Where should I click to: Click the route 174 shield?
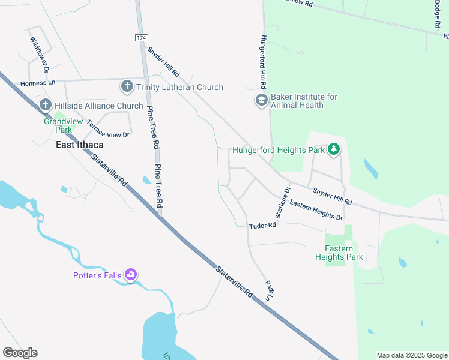(141, 37)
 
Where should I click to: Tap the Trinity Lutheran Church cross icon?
(127, 87)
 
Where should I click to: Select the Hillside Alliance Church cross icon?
(45, 106)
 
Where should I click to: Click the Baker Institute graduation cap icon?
(261, 100)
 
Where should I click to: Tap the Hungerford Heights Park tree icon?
(334, 149)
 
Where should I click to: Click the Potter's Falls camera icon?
(131, 275)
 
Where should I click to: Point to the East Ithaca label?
(80, 145)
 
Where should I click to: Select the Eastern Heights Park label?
(339, 253)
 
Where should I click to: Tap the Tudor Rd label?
(262, 226)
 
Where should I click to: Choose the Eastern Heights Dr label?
(316, 210)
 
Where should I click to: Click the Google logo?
(20, 353)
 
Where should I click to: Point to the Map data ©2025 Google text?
(411, 355)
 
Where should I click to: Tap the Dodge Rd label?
(436, 14)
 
